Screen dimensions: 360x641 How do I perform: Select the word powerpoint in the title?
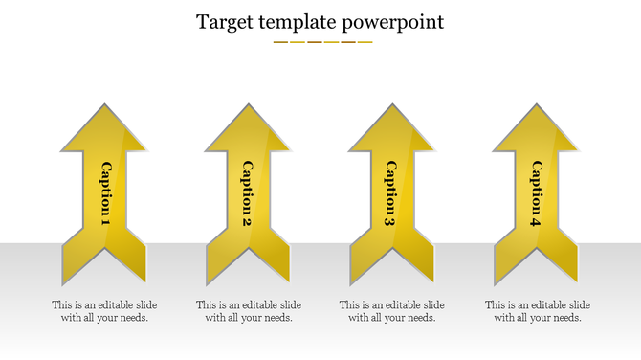[396, 21]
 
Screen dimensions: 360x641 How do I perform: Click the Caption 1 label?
[105, 193]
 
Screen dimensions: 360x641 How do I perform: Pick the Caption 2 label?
[247, 193]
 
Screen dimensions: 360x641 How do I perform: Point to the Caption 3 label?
[390, 193]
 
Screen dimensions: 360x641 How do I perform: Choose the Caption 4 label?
[536, 193]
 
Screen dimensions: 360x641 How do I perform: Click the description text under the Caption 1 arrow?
[104, 311]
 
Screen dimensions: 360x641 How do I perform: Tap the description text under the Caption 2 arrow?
[248, 311]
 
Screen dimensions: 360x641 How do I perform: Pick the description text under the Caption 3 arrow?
[391, 311]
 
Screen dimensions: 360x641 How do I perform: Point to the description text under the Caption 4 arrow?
[537, 311]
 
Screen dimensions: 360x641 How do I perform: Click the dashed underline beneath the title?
[322, 42]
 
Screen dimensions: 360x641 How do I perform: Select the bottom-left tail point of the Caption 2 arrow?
[208, 282]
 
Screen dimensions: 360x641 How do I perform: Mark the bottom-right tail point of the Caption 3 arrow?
[432, 282]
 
